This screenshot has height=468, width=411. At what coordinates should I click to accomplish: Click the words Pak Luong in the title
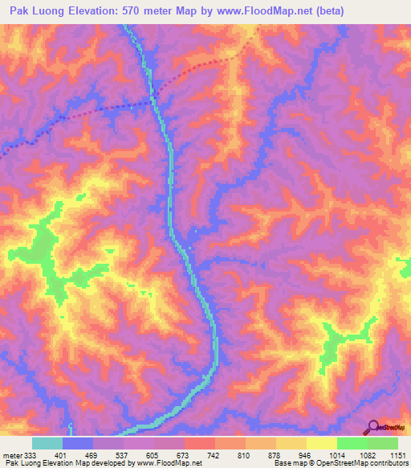click(35, 11)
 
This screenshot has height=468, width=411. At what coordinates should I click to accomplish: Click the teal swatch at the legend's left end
click(47, 443)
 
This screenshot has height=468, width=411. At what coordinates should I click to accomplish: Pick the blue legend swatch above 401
click(78, 443)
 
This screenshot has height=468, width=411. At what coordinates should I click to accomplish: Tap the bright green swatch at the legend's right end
click(383, 443)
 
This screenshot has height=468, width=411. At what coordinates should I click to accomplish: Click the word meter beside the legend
click(14, 454)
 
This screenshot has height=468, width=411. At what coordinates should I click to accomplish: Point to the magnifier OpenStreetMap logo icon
click(372, 427)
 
